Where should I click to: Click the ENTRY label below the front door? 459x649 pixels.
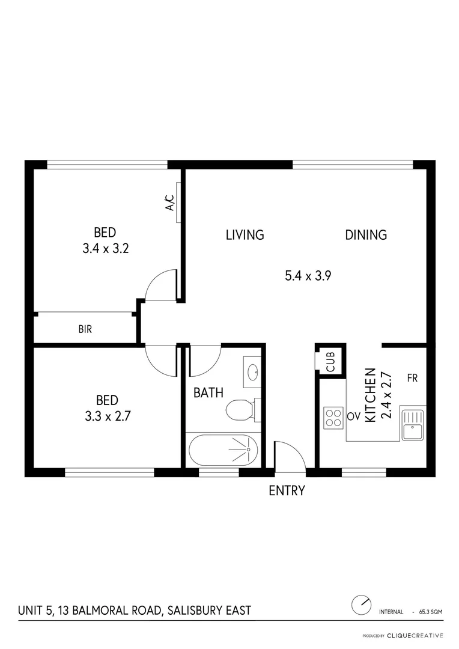287,490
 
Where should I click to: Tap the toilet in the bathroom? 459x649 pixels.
240,410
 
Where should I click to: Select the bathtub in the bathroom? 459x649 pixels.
223,449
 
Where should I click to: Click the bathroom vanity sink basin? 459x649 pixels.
252,371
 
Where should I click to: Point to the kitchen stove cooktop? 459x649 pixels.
333,417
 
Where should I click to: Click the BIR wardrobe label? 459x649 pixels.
85,329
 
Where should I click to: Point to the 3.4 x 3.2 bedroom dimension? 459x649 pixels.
106,248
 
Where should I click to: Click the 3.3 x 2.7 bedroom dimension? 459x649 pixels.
106,415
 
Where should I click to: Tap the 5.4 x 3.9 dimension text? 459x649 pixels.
308,276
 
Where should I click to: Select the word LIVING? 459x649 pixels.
245,234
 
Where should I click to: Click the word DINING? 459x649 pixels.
365,234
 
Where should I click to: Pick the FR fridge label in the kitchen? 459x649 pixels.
412,378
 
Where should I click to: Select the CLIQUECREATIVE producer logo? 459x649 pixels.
415,635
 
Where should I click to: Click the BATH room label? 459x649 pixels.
208,393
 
